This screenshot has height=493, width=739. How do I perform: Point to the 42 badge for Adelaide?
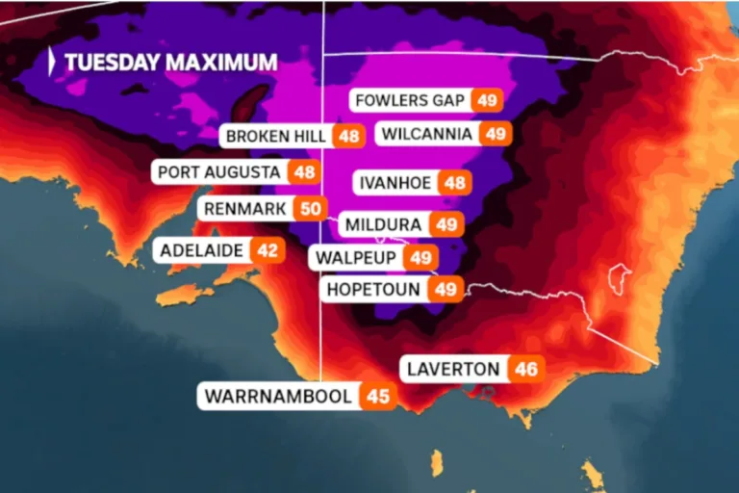click(x=268, y=250)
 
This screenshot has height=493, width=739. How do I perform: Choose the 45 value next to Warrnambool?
click(x=379, y=396)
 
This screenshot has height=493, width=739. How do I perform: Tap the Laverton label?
click(x=453, y=369)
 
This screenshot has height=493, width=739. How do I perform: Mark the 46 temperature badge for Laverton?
click(x=526, y=369)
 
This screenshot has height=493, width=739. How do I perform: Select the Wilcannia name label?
click(x=426, y=134)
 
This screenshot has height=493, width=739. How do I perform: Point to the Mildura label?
click(x=382, y=224)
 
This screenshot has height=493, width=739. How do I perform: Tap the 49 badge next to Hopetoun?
click(x=446, y=289)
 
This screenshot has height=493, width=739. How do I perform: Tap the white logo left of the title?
click(x=53, y=62)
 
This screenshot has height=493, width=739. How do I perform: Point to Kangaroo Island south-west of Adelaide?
click(x=186, y=291)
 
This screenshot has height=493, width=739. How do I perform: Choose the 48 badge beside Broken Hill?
click(x=348, y=136)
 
